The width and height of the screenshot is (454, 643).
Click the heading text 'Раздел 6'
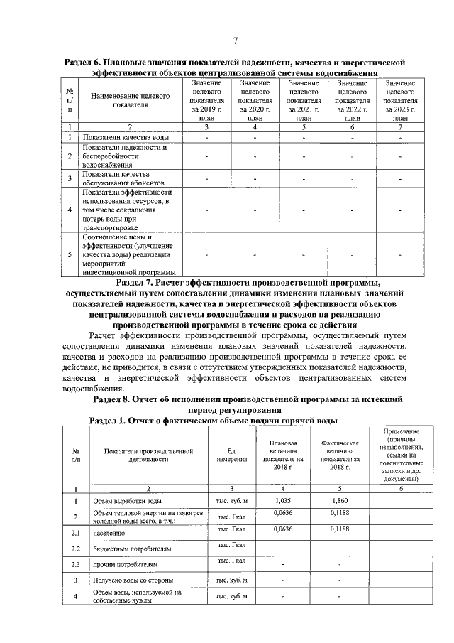[x=82, y=63]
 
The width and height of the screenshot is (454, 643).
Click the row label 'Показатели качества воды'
[x=125, y=137]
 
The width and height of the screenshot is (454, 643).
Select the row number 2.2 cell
[x=75, y=549]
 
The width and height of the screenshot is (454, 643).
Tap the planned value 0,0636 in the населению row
[x=284, y=529]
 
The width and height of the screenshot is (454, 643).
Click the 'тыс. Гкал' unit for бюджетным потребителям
[x=231, y=545]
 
